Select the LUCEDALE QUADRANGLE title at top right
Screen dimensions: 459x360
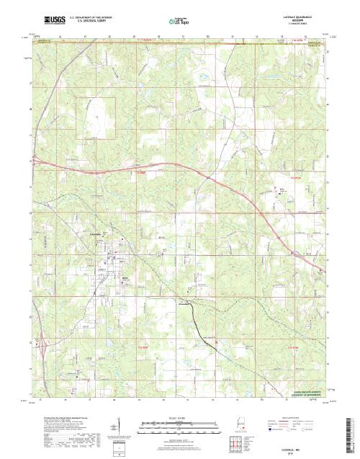[297, 13]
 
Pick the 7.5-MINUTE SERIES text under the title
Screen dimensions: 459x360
[297, 19]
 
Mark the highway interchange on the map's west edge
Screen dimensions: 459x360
[37, 161]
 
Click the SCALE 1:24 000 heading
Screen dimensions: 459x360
[170, 416]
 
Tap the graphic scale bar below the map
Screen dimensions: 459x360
[170, 422]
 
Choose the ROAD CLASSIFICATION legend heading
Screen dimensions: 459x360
[300, 416]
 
